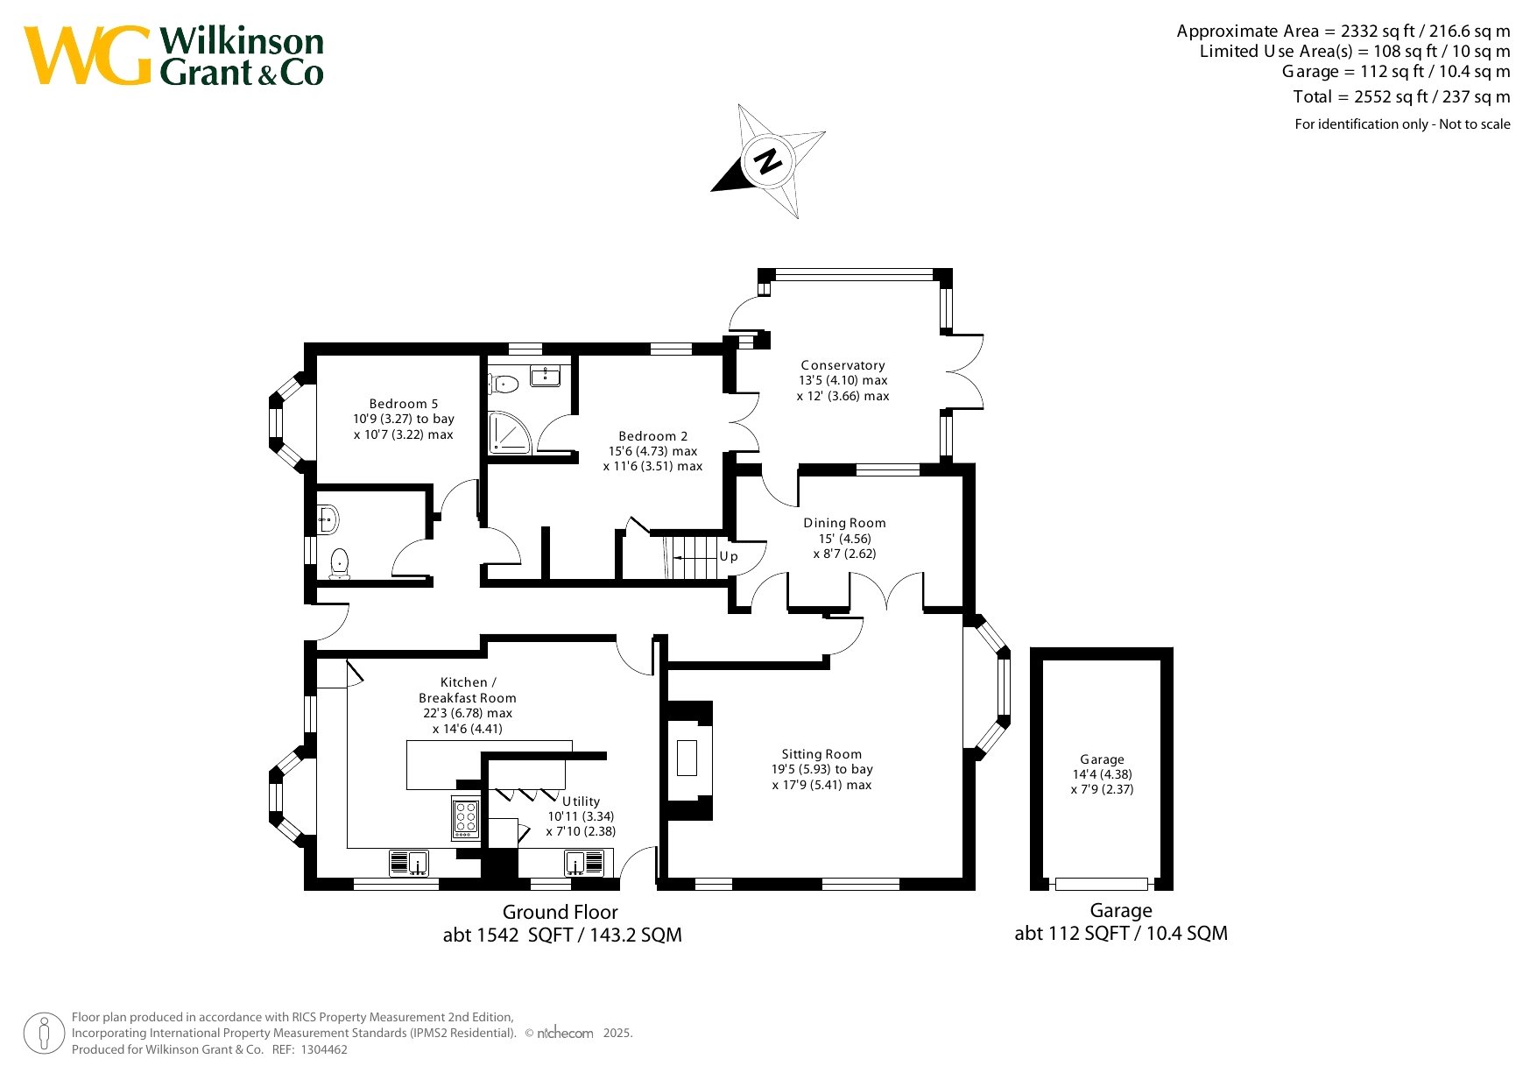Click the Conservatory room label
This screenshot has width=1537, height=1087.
click(843, 365)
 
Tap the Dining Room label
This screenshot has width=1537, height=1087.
click(844, 523)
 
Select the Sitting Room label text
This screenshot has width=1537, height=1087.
click(821, 754)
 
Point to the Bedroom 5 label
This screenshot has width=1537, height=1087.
click(404, 404)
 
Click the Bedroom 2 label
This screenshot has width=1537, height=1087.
click(653, 436)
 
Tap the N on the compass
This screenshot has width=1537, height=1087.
click(768, 161)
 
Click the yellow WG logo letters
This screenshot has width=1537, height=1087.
click(88, 56)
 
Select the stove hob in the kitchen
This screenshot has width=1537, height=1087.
click(465, 817)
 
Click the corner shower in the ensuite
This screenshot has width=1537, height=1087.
click(509, 433)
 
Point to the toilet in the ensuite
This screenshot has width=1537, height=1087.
click(505, 384)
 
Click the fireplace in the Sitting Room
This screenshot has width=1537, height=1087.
click(687, 758)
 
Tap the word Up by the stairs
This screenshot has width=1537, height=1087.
click(729, 557)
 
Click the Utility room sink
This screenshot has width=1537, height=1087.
click(584, 863)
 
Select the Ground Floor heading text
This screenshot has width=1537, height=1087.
click(561, 912)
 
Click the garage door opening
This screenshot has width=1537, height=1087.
click(1102, 884)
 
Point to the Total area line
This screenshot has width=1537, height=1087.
click(1401, 96)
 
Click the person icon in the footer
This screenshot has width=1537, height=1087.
click(44, 1034)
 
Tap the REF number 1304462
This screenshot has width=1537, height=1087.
click(324, 1049)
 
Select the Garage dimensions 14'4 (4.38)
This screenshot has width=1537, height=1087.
click(1102, 774)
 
